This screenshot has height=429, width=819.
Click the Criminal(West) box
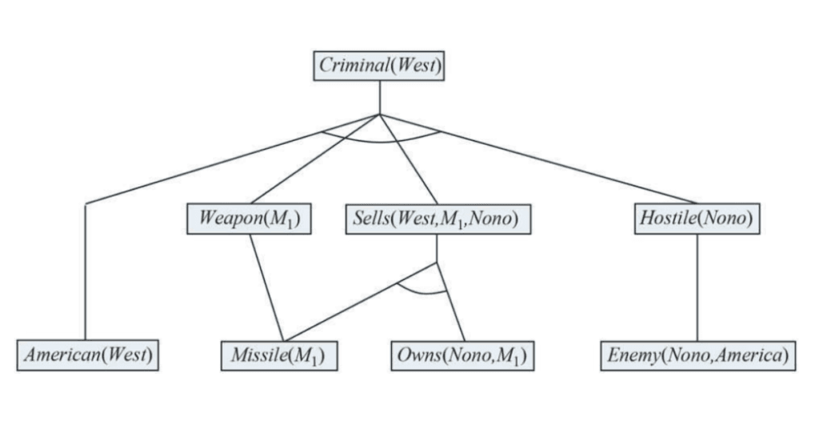378,66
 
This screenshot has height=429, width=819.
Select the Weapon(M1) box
248,219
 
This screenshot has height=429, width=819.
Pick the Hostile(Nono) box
696,219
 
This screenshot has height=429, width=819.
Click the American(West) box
88,354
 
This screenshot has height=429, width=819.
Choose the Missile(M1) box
278,354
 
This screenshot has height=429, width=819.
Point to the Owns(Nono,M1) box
462,354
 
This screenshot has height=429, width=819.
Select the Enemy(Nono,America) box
697,354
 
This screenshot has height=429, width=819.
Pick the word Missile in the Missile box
258,354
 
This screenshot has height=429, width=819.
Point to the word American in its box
62,354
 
